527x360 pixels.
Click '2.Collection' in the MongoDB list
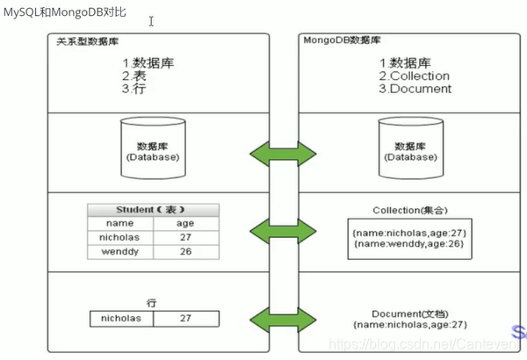[x=414, y=76]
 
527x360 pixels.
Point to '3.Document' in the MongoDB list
[x=415, y=89]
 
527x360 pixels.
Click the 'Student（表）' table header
[x=153, y=210]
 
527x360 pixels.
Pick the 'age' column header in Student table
[x=185, y=223]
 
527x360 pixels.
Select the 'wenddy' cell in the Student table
[x=119, y=252]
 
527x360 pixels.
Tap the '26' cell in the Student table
[x=185, y=252]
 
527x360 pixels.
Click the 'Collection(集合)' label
[x=409, y=211]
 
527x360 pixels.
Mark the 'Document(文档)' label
[x=409, y=313]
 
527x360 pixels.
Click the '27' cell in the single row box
[x=185, y=319]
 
